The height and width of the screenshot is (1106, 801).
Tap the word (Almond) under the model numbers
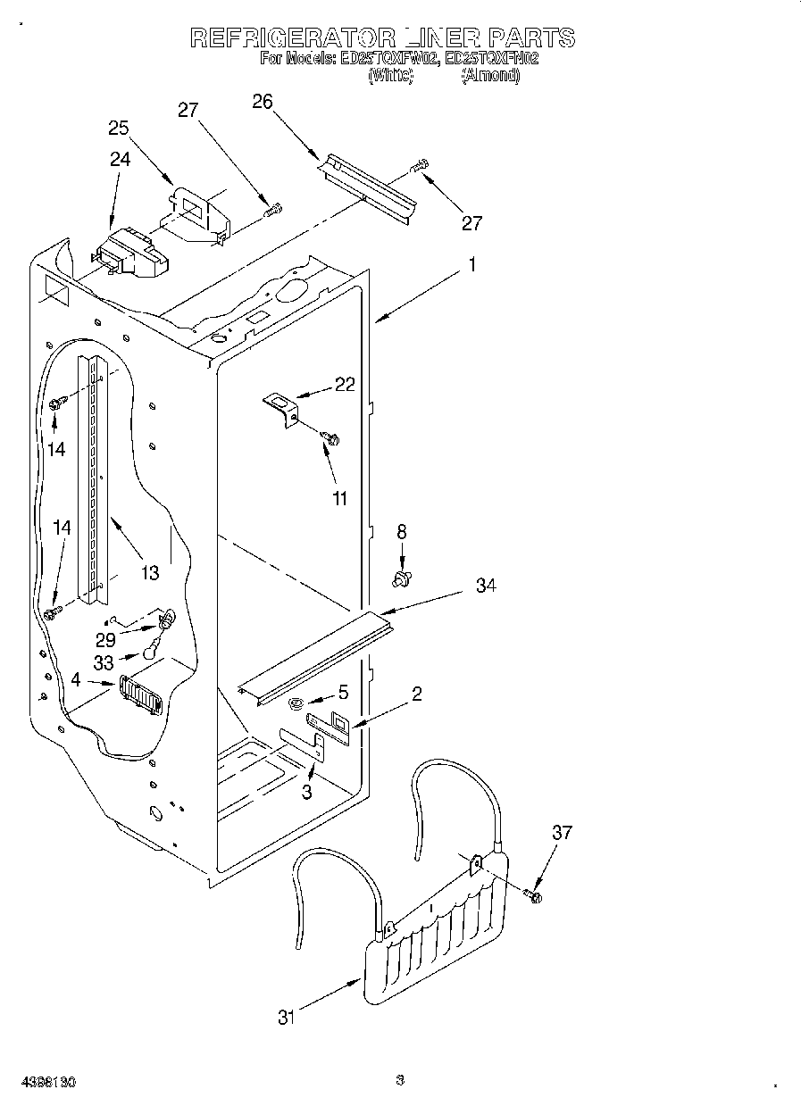489,76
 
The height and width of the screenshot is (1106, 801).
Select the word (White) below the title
390,76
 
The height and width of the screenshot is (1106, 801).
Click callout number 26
262,101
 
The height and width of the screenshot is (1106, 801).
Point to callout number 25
119,128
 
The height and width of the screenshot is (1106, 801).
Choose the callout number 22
345,385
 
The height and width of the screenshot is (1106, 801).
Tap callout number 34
486,586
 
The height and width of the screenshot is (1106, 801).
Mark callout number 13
149,572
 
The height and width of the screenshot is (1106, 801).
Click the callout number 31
286,1017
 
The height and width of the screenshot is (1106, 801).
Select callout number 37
562,833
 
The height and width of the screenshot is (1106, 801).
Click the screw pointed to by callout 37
535,894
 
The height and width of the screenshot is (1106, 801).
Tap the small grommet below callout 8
402,581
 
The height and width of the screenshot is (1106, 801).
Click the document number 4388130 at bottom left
45,1082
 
